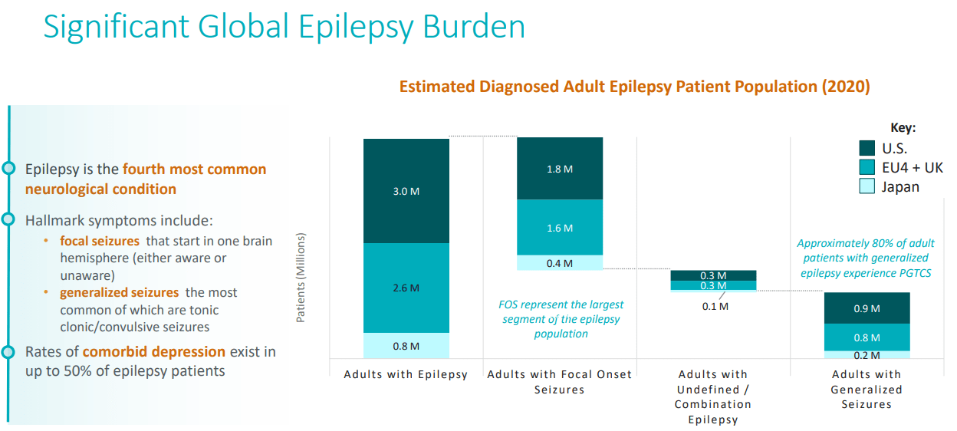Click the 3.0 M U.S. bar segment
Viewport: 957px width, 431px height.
(406, 191)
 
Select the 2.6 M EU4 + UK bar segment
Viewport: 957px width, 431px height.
(406, 288)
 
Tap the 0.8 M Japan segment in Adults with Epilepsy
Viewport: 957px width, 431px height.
(406, 346)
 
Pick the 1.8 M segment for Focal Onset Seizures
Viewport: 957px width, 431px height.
(560, 169)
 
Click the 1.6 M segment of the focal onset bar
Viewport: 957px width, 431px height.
(560, 228)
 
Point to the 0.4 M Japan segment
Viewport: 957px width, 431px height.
(560, 263)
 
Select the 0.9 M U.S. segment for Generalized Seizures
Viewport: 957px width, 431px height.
(867, 308)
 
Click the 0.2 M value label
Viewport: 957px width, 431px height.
(867, 355)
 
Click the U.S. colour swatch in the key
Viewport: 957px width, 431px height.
(867, 148)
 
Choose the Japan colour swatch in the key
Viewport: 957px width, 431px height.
(867, 186)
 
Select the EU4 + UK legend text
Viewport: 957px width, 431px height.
(913, 167)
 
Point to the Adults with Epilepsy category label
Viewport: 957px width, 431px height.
(406, 375)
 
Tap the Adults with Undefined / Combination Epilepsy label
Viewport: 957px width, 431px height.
(713, 396)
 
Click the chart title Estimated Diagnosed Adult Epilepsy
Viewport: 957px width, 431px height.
(634, 87)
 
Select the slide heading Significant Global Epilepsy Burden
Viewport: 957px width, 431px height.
(284, 27)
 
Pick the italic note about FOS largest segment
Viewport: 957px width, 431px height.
(561, 319)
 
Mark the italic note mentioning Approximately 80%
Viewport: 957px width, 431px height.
(866, 258)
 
